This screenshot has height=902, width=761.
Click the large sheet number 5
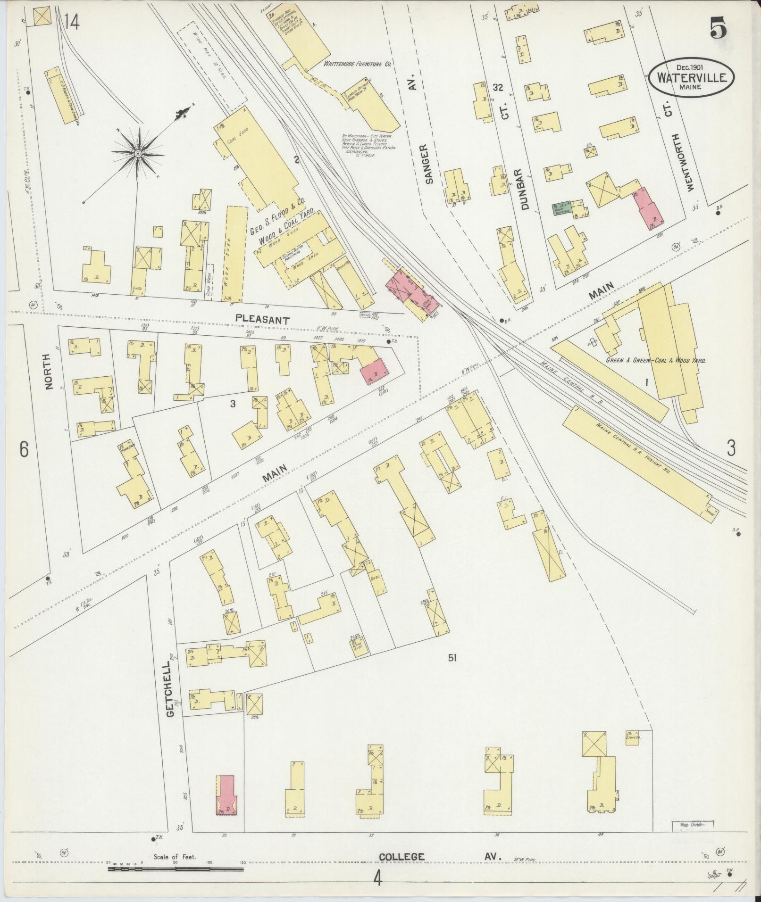(717, 30)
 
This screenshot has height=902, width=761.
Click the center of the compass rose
(138, 154)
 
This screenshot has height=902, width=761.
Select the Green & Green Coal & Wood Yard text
(656, 360)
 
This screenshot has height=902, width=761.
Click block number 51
(452, 658)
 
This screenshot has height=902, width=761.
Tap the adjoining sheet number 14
(72, 22)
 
